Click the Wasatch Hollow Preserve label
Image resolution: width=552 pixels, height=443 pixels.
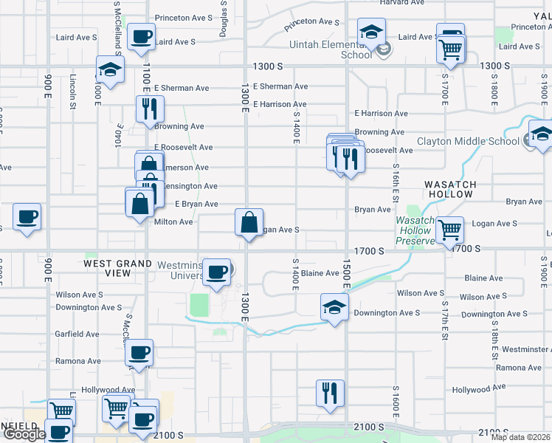click(415, 230)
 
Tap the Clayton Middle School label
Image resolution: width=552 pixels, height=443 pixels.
click(469, 142)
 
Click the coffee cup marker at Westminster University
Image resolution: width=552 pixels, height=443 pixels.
click(217, 271)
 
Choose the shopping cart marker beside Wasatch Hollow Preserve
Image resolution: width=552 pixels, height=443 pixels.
click(449, 229)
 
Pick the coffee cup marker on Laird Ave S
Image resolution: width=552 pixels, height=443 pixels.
click(141, 35)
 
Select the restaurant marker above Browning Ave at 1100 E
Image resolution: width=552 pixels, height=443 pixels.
click(150, 108)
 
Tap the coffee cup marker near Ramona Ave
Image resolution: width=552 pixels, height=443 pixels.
click(139, 352)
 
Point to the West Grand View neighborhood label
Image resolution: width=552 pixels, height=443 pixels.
click(107, 268)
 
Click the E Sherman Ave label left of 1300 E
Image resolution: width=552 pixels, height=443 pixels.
click(182, 88)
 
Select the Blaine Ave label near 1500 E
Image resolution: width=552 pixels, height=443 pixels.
click(320, 273)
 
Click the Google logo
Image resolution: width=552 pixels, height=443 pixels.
click(24, 434)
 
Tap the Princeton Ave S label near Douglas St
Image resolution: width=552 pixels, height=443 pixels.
click(184, 18)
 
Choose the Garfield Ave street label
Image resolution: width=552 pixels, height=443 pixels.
click(77, 334)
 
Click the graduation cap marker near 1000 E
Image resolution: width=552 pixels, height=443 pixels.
click(110, 70)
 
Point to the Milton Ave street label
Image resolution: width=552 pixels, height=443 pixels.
click(173, 221)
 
